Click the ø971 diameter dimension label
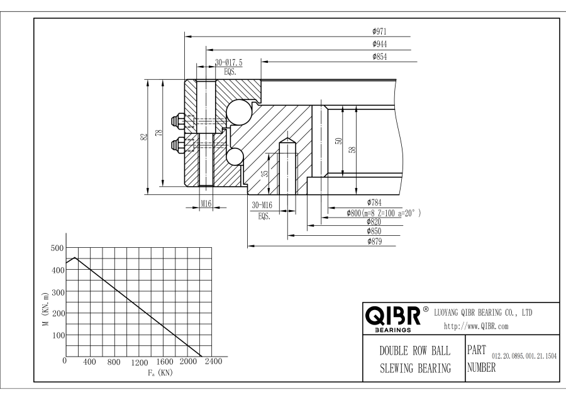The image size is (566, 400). point(379,30)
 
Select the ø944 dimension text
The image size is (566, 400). point(379,44)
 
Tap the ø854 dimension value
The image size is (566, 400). point(379,57)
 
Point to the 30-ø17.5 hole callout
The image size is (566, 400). point(228,63)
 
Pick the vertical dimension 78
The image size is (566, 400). point(160,133)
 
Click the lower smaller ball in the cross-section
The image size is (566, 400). point(234,156)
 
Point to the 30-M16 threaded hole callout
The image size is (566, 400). point(262,206)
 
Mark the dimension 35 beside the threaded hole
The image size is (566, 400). point(265,174)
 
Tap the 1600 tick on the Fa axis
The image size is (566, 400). point(163,363)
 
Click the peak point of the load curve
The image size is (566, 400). point(75,258)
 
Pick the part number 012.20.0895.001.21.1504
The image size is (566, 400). point(523,357)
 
